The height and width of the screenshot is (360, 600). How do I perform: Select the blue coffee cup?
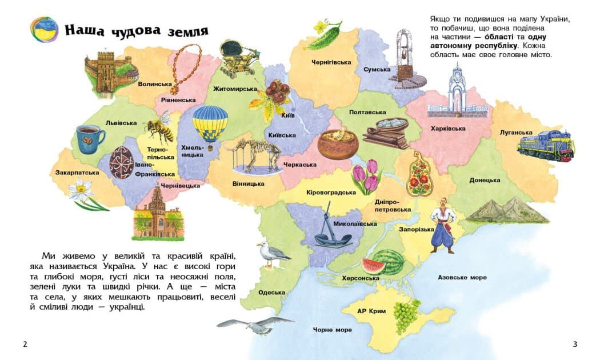point(90,139)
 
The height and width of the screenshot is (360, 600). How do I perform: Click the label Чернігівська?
point(331,62)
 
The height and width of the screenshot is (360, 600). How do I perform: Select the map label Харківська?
point(448,129)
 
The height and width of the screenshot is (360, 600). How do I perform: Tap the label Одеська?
point(271,293)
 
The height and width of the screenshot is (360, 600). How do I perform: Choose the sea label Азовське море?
point(462,277)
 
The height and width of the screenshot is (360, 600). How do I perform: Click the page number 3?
point(575,343)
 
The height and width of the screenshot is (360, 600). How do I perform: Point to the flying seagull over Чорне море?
point(255,326)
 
